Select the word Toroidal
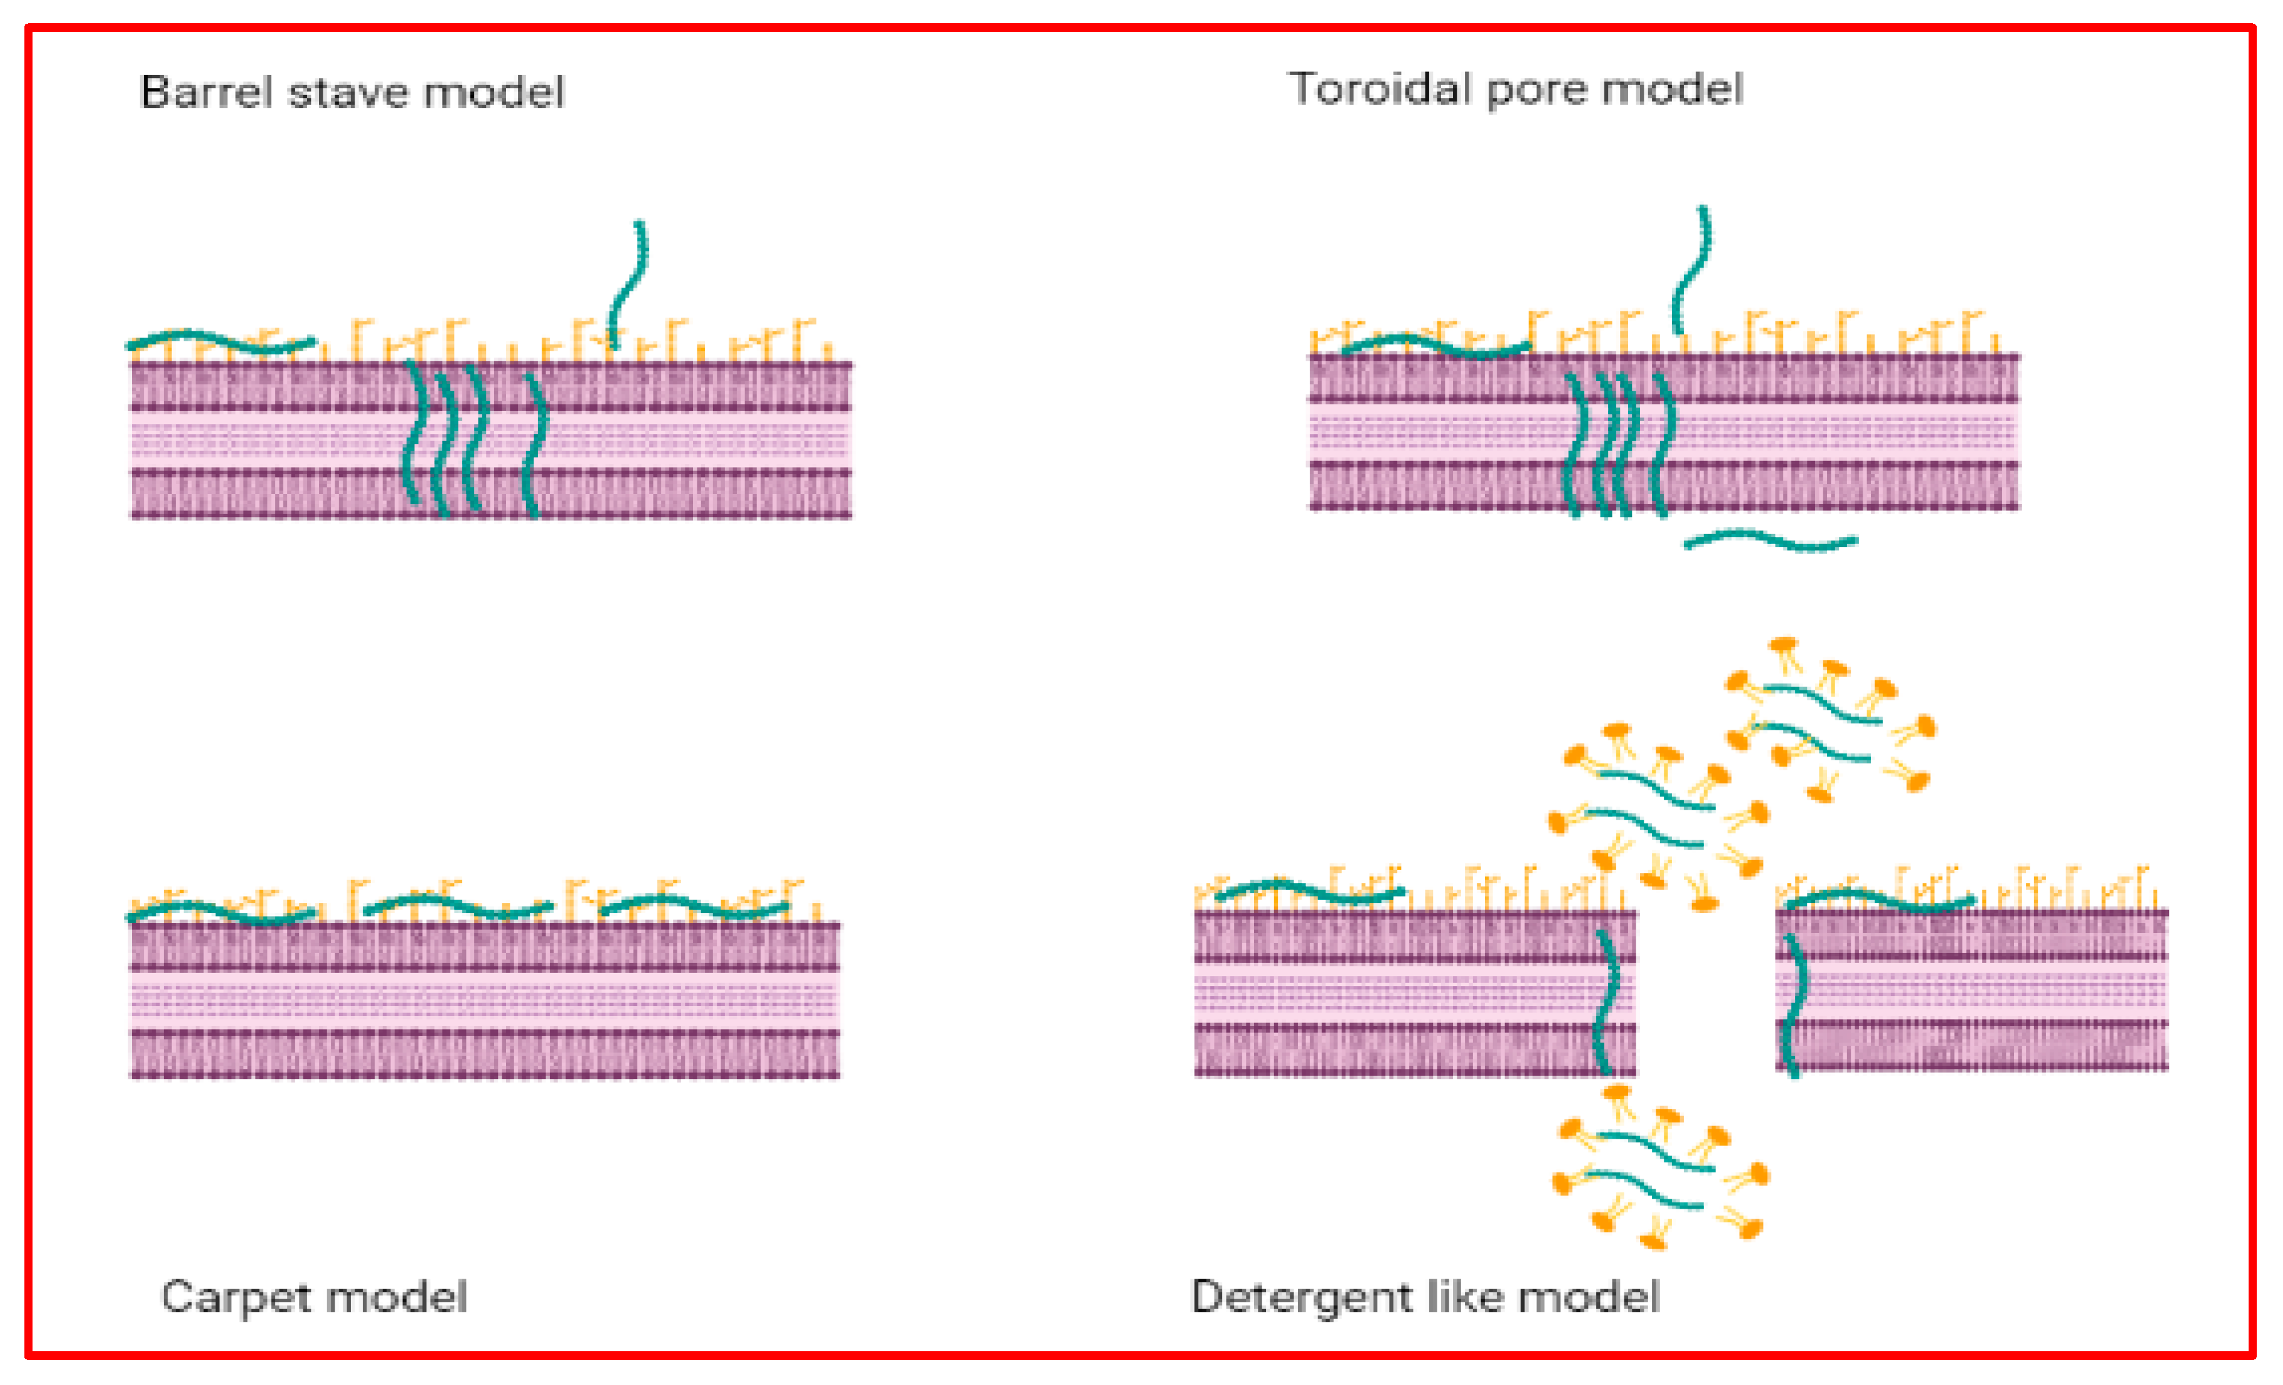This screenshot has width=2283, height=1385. (1380, 90)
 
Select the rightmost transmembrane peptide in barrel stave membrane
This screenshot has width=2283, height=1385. (535, 445)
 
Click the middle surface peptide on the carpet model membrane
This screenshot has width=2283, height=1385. (458, 905)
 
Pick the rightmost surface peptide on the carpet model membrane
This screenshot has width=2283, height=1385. (695, 905)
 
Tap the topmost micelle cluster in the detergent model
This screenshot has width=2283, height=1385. (1825, 718)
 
